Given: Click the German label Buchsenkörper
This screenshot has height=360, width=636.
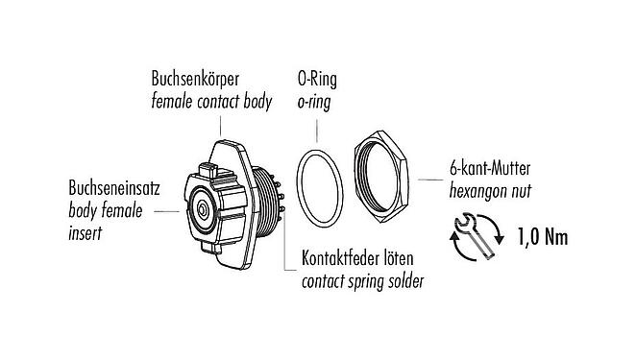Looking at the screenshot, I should (199, 77).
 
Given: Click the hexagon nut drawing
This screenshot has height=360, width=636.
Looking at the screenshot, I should (382, 177).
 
